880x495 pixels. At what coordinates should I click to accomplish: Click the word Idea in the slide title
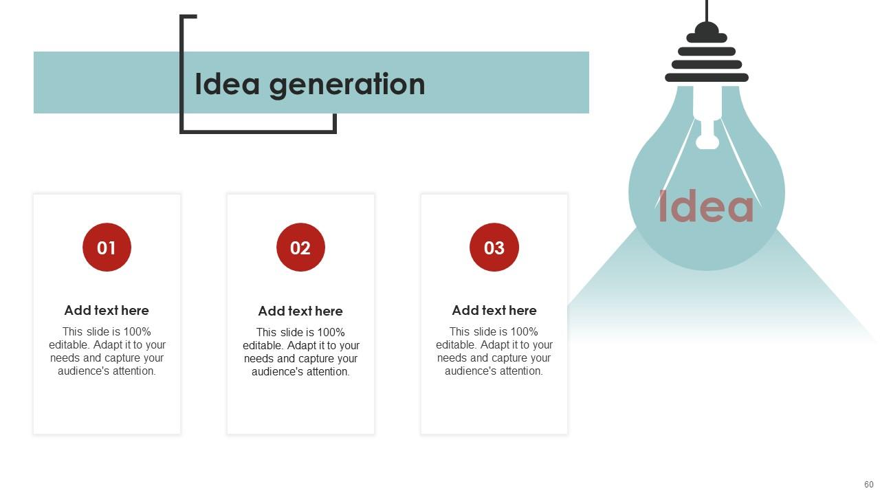227,84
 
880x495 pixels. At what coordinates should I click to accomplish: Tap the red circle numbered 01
107,247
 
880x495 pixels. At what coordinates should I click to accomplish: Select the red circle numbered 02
300,247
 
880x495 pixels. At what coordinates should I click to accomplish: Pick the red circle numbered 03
494,247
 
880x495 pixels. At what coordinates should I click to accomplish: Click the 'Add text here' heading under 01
107,310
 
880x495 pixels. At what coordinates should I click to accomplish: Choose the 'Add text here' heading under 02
300,311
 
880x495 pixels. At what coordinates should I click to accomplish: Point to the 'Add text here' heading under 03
494,310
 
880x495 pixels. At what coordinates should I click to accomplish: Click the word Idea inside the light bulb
706,206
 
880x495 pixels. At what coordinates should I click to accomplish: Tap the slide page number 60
869,485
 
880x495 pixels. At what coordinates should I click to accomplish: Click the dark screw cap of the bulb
707,58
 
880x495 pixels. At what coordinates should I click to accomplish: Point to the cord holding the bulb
707,10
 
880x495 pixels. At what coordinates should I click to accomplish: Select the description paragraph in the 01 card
107,351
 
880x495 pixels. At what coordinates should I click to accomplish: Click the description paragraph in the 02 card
300,352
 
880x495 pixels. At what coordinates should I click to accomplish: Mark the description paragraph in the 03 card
494,351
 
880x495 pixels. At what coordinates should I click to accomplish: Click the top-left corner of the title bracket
182,17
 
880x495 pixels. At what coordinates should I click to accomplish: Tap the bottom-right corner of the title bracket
334,131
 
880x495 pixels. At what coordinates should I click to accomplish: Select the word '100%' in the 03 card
523,331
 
